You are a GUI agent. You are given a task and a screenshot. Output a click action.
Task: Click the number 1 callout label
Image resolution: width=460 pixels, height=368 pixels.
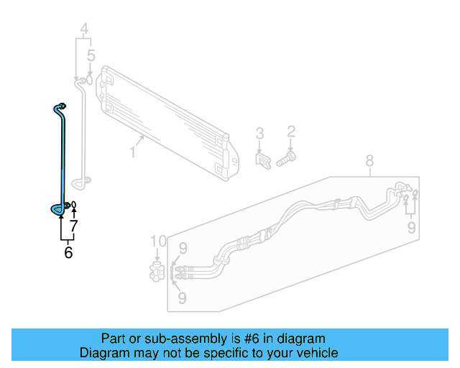133,152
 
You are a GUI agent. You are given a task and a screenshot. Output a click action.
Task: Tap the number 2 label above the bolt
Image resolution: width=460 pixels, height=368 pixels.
291,131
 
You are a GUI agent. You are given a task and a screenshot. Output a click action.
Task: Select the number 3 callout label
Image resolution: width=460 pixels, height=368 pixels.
260,133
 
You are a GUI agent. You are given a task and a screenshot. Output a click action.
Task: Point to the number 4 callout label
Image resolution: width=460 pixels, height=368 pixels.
84,29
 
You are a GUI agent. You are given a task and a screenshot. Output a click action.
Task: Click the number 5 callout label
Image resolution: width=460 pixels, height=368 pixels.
91,55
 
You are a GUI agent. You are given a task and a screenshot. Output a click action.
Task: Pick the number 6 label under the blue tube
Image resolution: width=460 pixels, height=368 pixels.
68,252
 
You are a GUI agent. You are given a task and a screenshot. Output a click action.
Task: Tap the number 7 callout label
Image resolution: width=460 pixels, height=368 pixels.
73,226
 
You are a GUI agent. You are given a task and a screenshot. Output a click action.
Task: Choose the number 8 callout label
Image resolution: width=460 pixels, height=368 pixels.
369,160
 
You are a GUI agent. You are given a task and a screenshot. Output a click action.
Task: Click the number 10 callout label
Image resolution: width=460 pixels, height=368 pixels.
158,241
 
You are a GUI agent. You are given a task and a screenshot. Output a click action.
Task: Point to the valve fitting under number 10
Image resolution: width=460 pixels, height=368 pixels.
157,271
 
